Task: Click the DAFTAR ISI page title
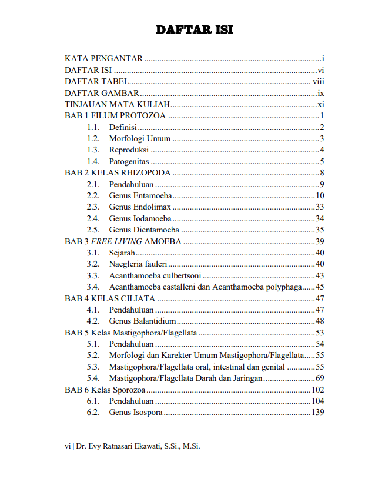click(194, 30)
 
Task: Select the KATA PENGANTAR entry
click(103, 59)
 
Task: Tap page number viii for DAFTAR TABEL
click(319, 82)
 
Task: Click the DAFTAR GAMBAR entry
click(102, 93)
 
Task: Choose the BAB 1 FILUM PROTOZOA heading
click(115, 116)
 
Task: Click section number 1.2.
click(93, 139)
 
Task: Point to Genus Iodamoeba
click(140, 218)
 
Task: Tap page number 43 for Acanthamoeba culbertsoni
click(320, 275)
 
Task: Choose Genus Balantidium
click(142, 321)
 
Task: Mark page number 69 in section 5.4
click(320, 378)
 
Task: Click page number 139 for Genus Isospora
click(318, 412)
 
